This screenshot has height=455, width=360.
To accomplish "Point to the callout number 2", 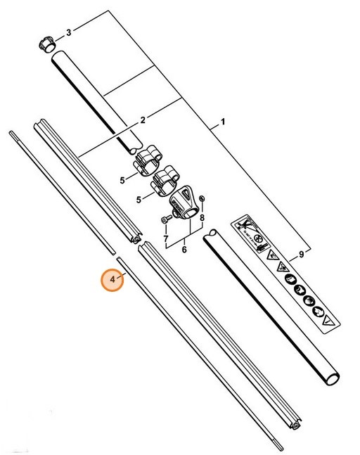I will click(143, 120).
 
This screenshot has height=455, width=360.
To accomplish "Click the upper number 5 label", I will click(122, 180).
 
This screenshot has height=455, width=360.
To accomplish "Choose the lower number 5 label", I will click(138, 200).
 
